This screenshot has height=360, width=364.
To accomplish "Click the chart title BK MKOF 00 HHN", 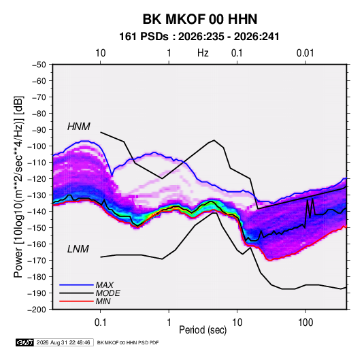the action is [200, 19].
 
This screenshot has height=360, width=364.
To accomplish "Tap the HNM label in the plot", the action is [79, 127].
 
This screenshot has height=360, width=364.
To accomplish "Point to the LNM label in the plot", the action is [78, 249].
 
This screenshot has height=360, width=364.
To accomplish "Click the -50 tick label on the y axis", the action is [39, 65].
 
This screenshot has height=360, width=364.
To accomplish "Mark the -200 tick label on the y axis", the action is [37, 310].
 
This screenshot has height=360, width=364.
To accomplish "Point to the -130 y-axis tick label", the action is [37, 195].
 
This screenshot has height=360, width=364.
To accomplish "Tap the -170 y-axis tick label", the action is [37, 261].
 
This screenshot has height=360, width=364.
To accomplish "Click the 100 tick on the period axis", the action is [305, 323].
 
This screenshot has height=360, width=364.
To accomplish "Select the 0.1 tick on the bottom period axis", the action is [100, 323].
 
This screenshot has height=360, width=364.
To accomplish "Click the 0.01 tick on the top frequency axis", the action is [305, 53].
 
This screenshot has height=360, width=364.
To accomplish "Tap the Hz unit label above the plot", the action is [203, 53].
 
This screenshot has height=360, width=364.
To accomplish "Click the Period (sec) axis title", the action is [203, 330].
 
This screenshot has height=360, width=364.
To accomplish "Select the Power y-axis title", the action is [18, 187].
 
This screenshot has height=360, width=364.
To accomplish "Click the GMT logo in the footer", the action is [24, 342].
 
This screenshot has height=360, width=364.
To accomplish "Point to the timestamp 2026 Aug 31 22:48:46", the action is [63, 342].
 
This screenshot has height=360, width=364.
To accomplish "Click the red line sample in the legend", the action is [76, 301].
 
